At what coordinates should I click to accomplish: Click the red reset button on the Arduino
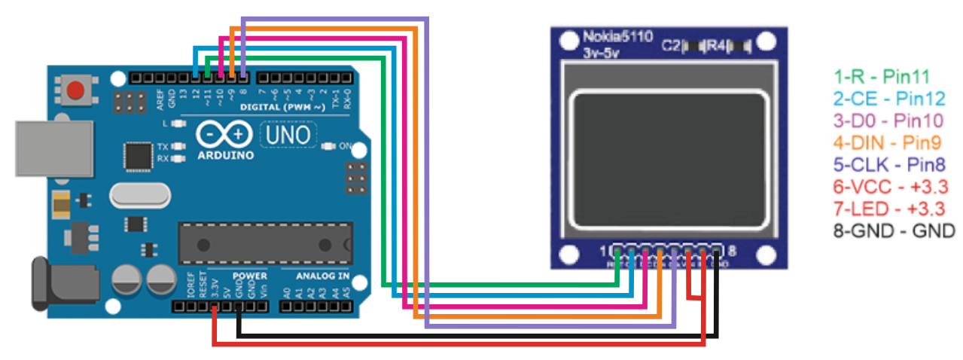[x=75, y=91]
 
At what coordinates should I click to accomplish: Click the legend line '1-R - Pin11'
[x=882, y=76]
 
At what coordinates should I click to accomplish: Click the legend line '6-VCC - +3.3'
[x=888, y=186]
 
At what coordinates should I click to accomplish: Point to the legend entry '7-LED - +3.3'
[x=888, y=208]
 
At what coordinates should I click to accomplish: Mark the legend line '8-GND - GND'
[x=893, y=230]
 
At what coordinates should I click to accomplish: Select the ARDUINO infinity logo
[x=224, y=136]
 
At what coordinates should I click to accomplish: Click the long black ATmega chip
[x=265, y=243]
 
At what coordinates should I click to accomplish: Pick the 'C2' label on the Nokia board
[x=670, y=45]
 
